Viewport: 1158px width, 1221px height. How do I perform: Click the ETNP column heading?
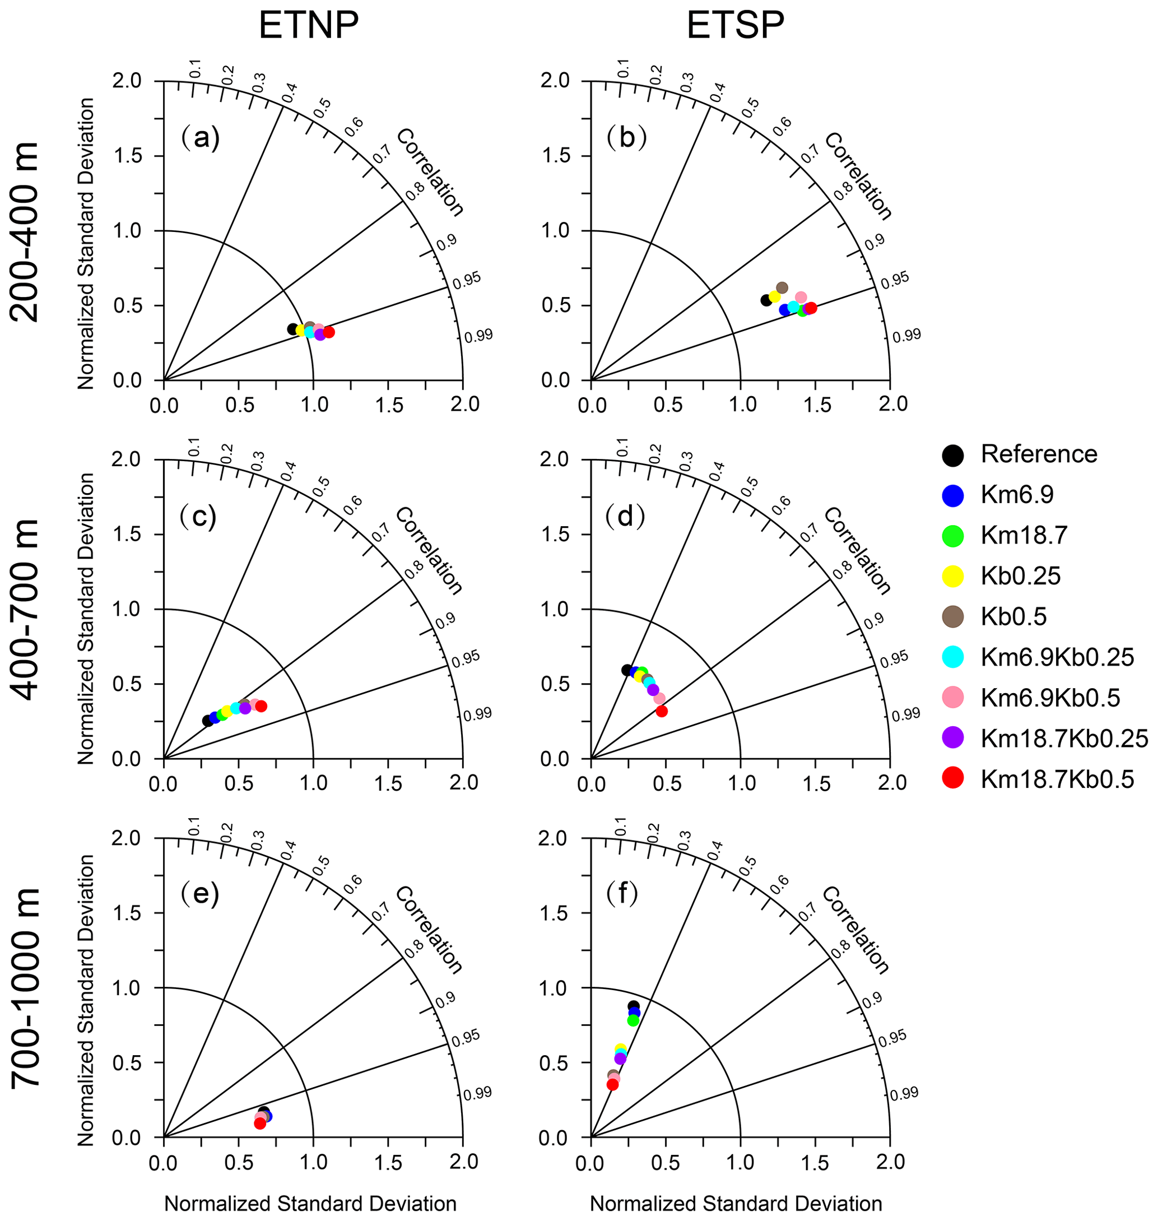coord(309,26)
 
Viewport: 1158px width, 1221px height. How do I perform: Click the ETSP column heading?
coord(736,26)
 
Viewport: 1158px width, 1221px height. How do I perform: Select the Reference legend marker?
coord(954,455)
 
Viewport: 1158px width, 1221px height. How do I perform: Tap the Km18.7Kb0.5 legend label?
coord(1057,779)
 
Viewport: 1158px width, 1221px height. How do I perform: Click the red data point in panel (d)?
coord(662,711)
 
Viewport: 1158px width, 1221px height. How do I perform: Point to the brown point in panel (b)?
coord(782,287)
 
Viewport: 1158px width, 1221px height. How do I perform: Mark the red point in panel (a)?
coord(329,332)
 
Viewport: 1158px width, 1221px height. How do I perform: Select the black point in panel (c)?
coord(208,721)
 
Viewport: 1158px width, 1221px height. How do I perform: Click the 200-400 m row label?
coord(26,231)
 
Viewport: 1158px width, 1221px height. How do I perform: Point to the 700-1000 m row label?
coord(26,988)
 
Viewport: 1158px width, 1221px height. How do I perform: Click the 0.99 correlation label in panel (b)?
coord(906,336)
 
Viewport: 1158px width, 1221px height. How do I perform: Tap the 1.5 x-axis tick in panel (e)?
coord(389,1162)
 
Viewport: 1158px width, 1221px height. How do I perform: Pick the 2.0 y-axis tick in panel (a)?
coord(129,81)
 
